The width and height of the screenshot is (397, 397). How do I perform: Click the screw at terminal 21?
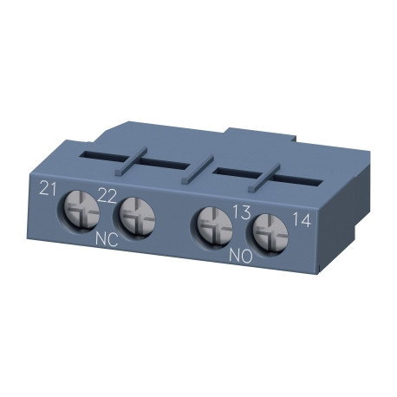[x=75, y=208]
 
